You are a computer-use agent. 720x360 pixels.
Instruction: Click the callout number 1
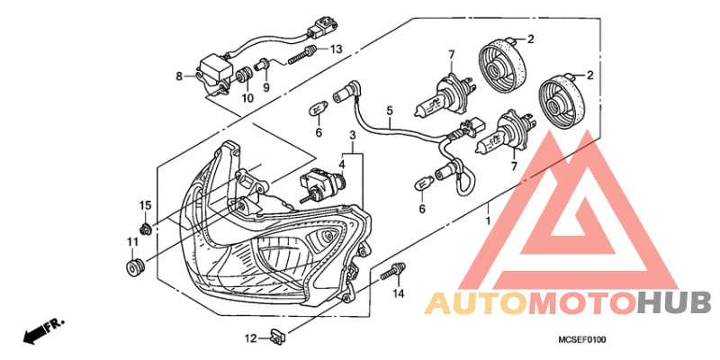click(487, 220)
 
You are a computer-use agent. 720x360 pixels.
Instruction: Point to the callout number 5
click(390, 112)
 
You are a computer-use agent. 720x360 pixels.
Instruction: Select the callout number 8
click(179, 76)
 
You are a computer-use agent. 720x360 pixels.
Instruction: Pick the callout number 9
click(266, 86)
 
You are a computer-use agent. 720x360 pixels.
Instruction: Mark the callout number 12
click(252, 338)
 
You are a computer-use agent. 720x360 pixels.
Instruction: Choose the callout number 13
click(336, 49)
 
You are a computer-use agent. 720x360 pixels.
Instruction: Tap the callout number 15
click(144, 207)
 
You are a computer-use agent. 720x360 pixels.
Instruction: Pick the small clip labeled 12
click(277, 337)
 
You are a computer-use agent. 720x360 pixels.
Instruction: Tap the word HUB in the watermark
click(674, 304)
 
